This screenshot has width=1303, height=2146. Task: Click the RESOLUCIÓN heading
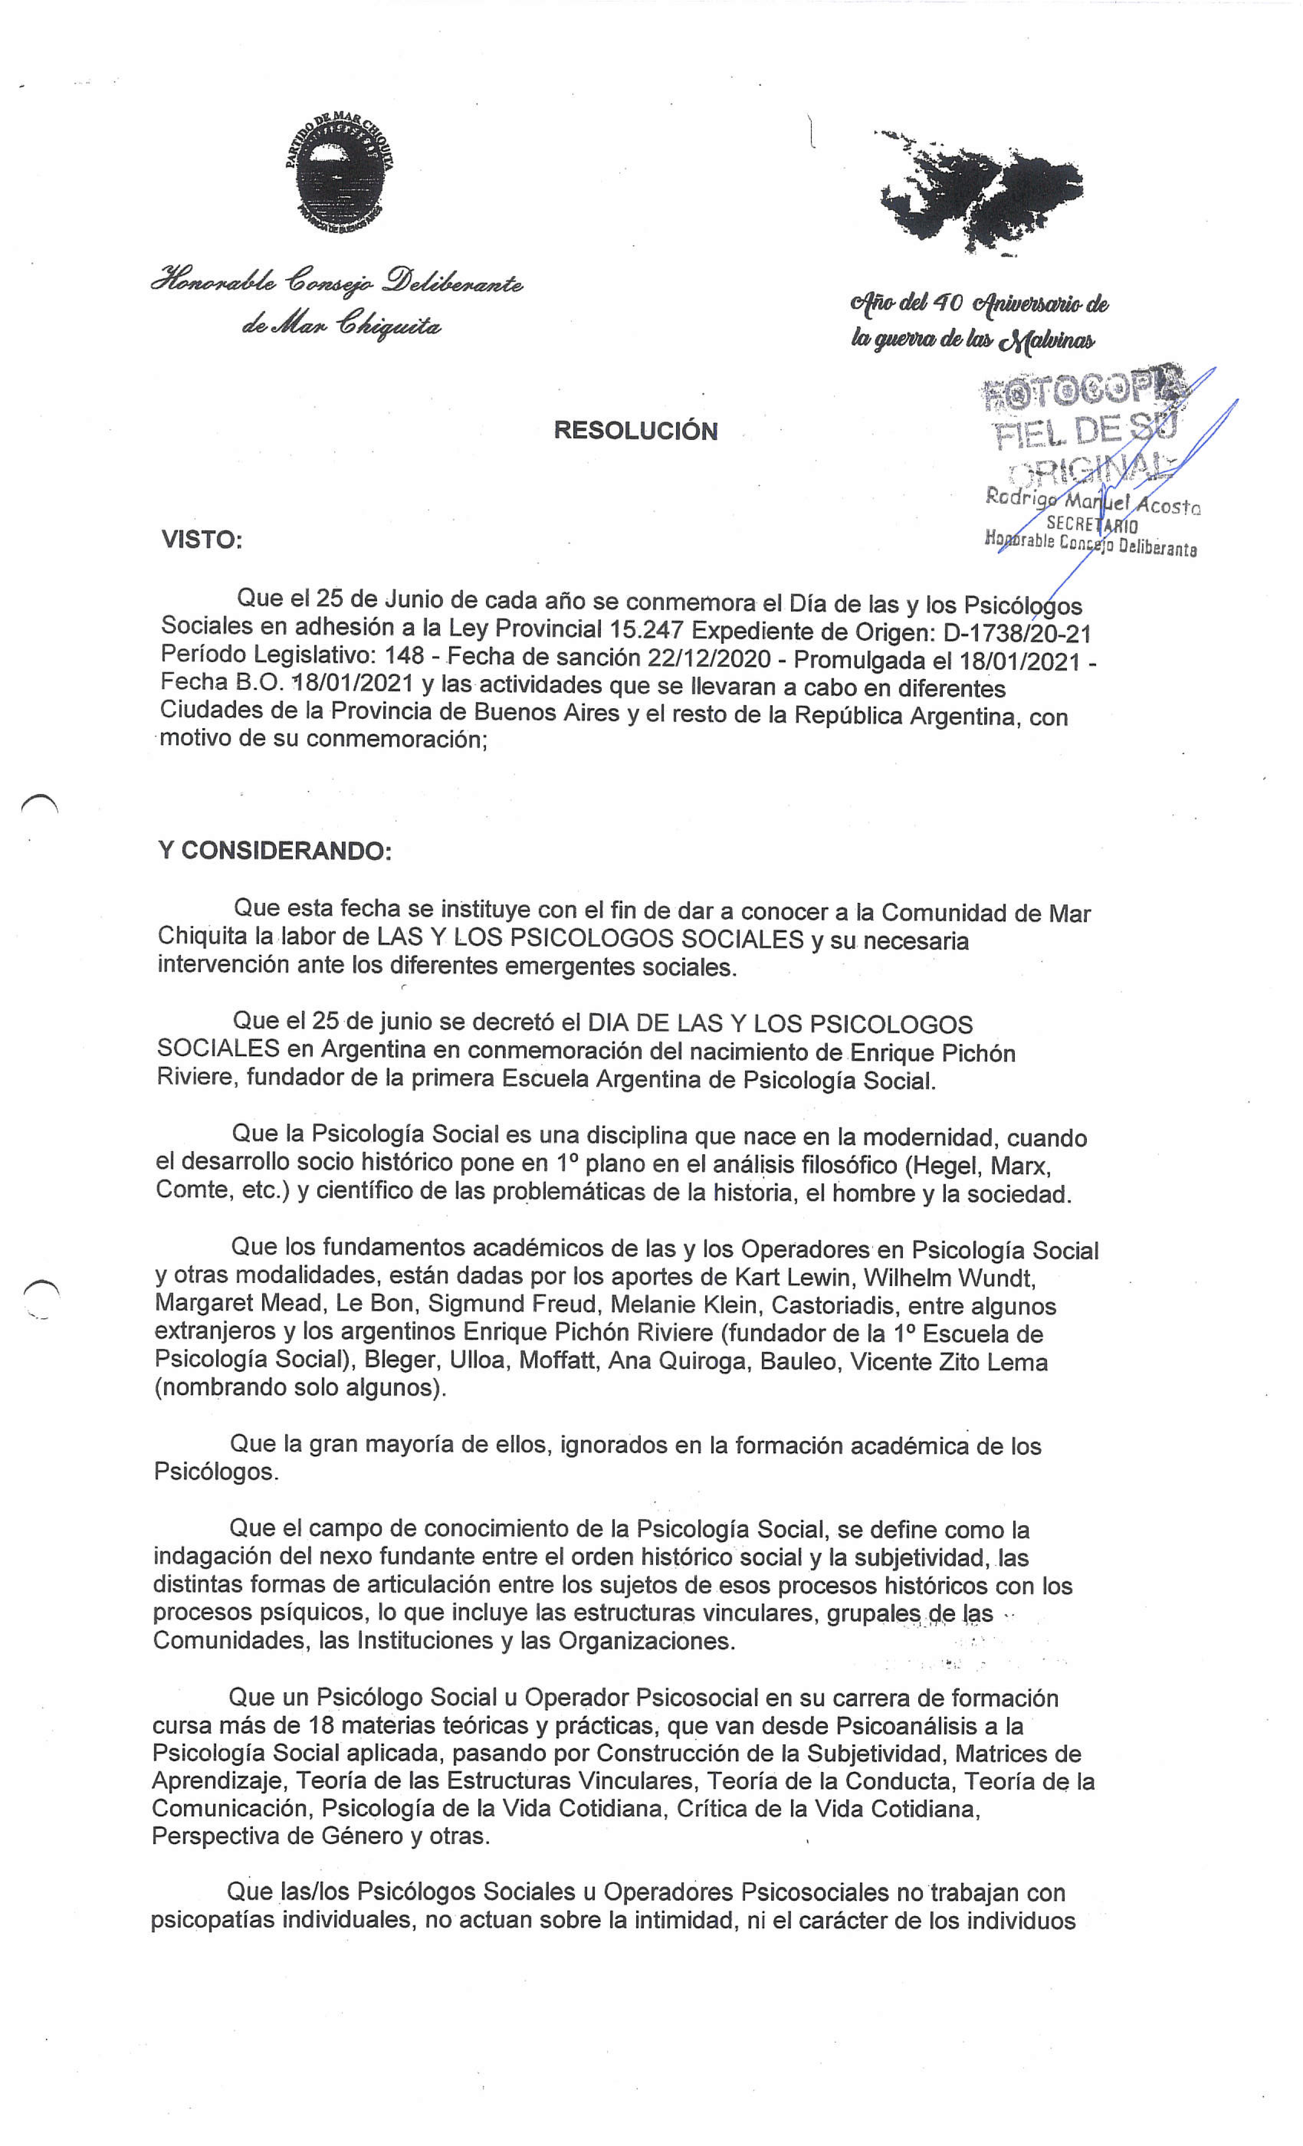click(635, 430)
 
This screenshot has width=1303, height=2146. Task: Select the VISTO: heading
click(201, 540)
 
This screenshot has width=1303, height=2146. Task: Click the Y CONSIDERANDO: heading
click(274, 851)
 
